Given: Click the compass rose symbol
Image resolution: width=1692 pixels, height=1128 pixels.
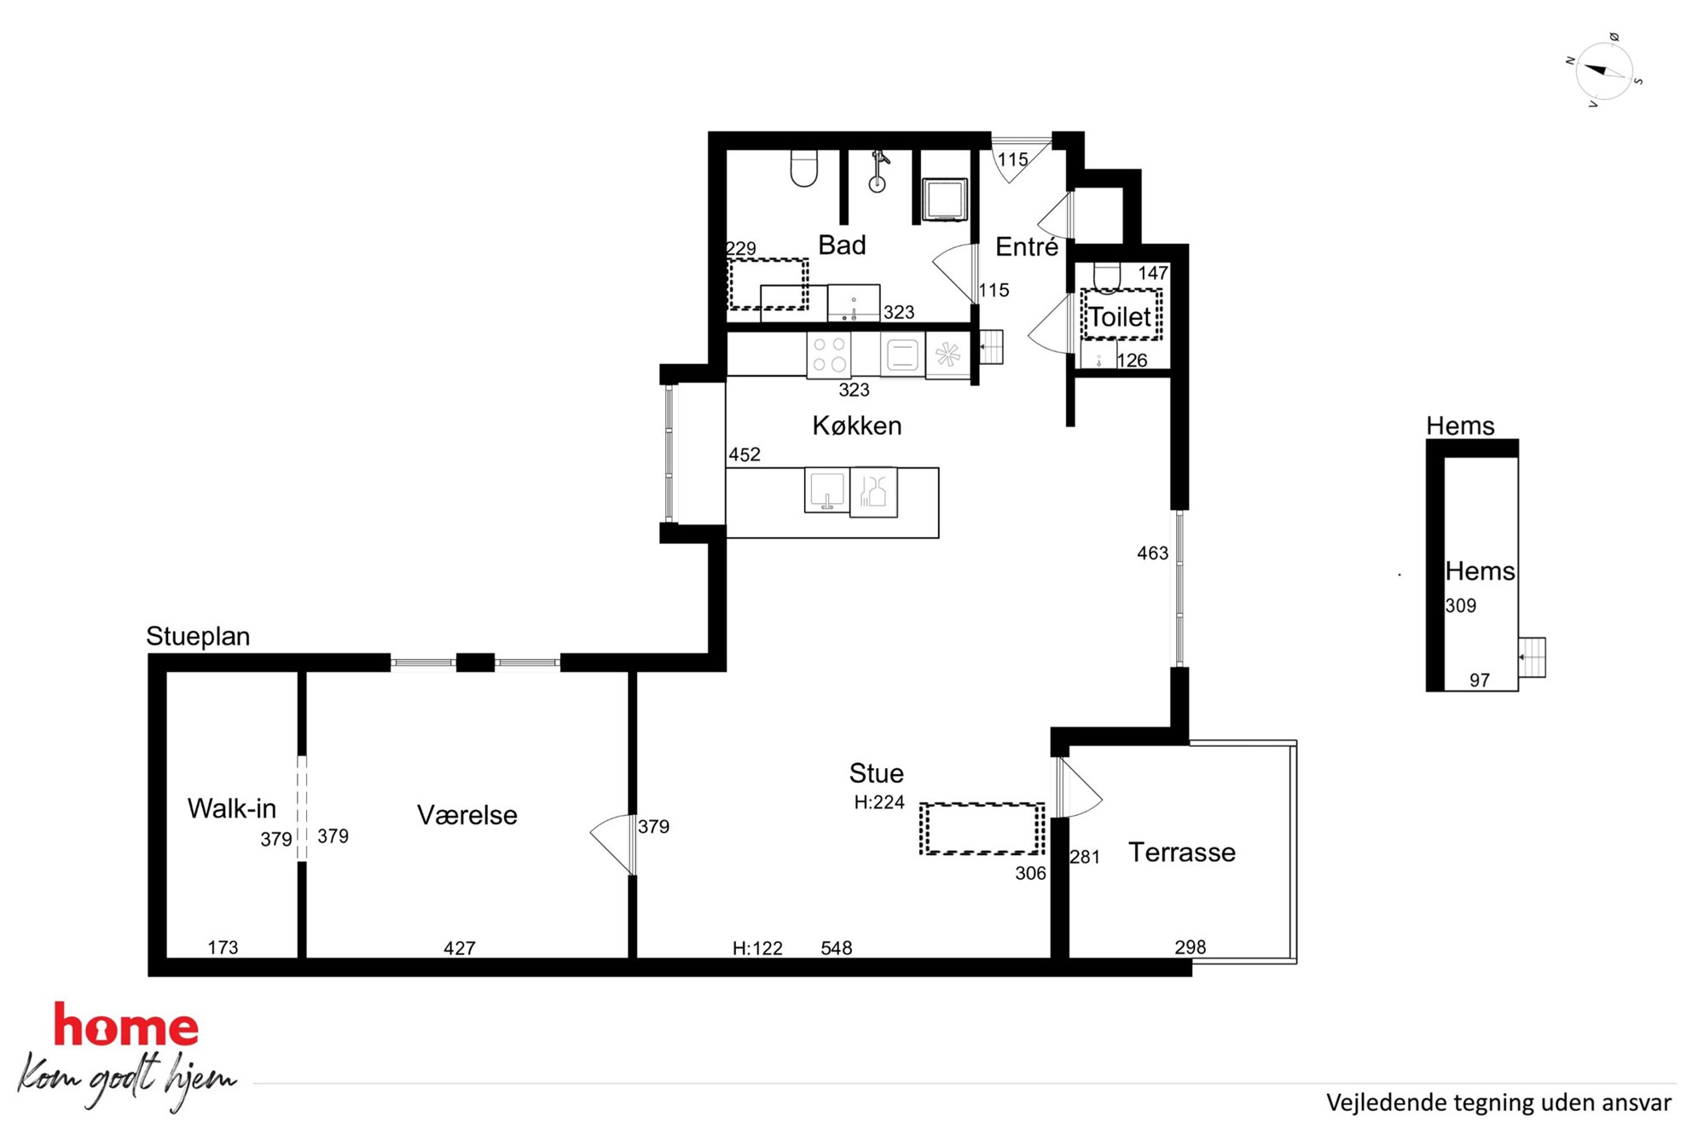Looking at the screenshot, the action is coord(1603,71).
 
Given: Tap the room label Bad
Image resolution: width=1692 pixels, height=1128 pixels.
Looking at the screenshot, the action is coord(842,246).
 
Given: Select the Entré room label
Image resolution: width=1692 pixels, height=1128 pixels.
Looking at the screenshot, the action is coord(1027,246).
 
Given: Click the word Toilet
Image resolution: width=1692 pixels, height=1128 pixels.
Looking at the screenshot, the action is coord(1120,317).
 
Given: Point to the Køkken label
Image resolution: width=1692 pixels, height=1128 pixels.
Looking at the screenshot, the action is coord(857,425).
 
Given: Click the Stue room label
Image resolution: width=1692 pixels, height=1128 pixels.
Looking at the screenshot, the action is coord(876,773).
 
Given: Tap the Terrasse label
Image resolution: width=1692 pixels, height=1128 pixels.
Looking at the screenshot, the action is coord(1182,852).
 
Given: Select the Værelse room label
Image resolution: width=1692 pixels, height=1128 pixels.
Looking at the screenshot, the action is coord(467,815).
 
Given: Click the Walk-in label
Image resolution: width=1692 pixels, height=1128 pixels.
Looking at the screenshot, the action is coord(232,808).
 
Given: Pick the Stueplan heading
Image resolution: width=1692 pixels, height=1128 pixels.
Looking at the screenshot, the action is coord(198,637).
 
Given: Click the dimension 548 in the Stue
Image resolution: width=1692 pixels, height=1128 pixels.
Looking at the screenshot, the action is coord(837,948).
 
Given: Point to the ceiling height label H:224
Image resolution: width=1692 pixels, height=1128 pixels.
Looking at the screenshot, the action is coord(879,802).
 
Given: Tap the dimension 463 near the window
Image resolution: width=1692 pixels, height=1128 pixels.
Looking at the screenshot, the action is coord(1152,553).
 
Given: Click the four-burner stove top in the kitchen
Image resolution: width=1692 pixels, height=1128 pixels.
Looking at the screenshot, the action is coord(829,355).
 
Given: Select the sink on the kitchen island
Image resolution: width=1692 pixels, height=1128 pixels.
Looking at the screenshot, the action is coord(826,490).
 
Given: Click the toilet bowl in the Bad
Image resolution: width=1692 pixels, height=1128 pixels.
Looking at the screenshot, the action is coord(804,168).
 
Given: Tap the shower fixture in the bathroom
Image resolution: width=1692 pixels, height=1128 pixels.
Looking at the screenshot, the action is coord(878,171).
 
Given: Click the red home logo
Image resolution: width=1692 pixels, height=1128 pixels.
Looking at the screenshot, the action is coord(126,1025).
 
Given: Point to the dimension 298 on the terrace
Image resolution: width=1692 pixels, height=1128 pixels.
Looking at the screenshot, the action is coord(1191,947).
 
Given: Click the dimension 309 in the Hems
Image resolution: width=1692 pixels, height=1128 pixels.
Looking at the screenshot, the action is coord(1461,606).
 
